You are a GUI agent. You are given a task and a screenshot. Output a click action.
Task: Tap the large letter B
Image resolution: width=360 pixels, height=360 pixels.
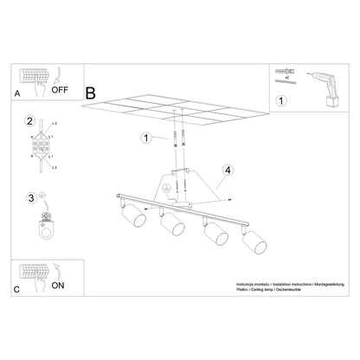coord(92,91)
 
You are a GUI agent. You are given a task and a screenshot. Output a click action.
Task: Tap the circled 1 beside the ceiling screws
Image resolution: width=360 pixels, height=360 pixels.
coord(146,138)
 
